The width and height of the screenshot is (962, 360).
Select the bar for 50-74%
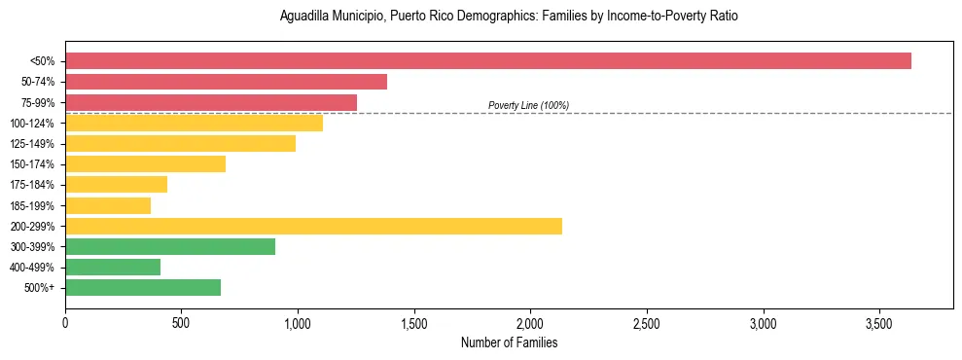point(226,82)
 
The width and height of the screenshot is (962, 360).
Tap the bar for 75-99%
point(211,102)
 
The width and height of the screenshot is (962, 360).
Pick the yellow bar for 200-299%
point(313,226)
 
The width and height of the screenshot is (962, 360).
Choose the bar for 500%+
point(143,287)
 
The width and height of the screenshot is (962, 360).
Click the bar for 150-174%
point(145,163)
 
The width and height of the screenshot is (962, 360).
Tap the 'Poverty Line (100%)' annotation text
point(528,105)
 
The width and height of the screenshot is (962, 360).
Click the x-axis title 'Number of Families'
point(509,342)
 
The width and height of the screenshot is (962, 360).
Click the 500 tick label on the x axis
point(182,322)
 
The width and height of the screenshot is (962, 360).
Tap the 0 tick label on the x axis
point(65,322)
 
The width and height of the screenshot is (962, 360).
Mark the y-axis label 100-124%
point(32,124)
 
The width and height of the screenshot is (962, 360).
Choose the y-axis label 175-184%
point(32,185)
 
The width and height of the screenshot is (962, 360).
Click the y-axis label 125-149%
point(32,144)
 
